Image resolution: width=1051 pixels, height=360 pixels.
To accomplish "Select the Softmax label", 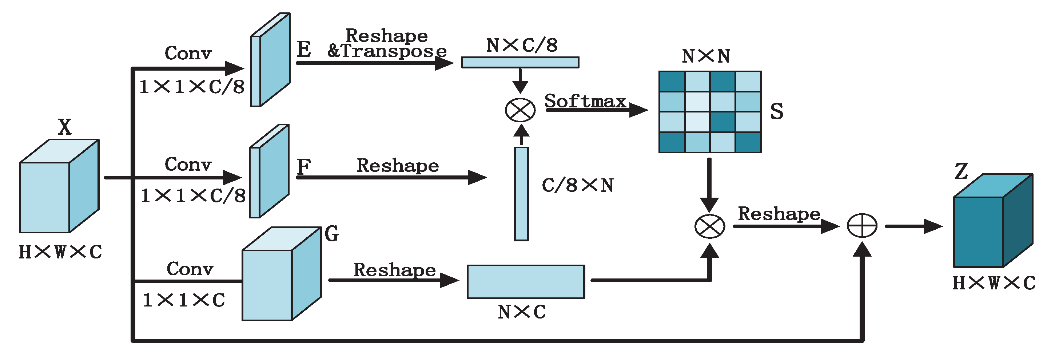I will pos(585,101).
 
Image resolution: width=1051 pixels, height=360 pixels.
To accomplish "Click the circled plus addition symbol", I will pos(862,226).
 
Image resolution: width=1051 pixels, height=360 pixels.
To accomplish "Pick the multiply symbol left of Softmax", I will pos(520,110).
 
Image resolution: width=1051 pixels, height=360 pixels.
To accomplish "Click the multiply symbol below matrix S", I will pos(709,226).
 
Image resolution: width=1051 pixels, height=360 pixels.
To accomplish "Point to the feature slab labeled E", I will pos(270,60).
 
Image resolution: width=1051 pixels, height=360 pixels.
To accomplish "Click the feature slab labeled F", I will pos(269,171).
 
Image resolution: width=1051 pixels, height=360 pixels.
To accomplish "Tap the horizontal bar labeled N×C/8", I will pos(520,62).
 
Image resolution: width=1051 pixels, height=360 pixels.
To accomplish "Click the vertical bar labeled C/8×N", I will pos(521,194).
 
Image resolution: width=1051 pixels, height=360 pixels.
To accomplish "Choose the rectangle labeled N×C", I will pos(525,282).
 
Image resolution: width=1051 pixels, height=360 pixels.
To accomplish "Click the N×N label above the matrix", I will pos(706,56).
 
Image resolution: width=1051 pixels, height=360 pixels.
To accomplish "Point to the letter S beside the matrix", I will pos(776,111).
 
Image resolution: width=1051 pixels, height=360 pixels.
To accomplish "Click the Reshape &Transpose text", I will pos(387,43).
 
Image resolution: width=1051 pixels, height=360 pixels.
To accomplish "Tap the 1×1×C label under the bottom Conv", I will pos(184,300).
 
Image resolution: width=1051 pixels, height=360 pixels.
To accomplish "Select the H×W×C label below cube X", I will pos(60,252).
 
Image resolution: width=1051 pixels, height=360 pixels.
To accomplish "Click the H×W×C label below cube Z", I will pos(994,283).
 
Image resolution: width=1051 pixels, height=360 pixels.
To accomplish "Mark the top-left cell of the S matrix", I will pos(672,82).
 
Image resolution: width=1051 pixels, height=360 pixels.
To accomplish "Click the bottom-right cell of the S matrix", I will pos(748,142).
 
